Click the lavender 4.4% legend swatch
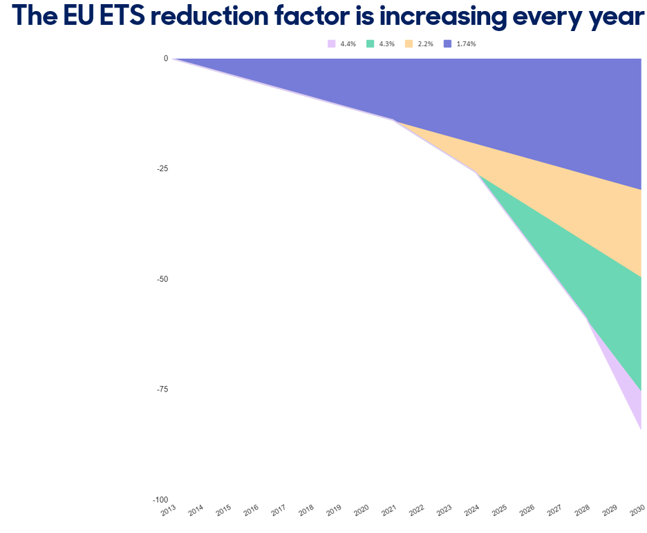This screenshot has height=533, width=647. [x=331, y=43]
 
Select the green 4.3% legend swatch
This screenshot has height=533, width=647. [x=370, y=43]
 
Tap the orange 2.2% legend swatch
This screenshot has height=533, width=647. [x=409, y=43]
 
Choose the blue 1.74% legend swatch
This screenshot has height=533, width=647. [x=448, y=43]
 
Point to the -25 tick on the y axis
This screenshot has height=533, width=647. [x=162, y=168]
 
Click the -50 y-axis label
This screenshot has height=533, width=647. [x=162, y=279]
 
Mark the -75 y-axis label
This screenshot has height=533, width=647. [x=162, y=389]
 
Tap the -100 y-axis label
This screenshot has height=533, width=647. [x=160, y=500]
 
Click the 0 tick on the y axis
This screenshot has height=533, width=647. [x=166, y=59]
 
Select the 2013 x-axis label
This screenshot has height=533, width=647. [x=169, y=510]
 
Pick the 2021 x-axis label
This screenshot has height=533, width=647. [x=388, y=510]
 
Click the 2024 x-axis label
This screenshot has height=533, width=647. [x=471, y=510]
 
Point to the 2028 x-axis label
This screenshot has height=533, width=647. [x=582, y=510]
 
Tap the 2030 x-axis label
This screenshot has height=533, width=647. [x=637, y=510]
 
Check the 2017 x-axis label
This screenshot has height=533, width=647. [x=279, y=510]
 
